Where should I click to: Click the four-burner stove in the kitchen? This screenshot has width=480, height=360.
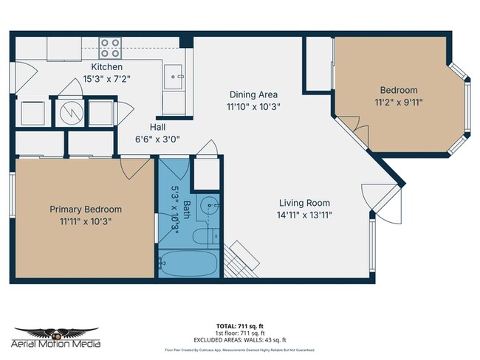(110, 49)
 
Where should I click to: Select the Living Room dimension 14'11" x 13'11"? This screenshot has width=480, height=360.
(304, 215)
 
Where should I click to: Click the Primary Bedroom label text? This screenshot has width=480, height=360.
(86, 209)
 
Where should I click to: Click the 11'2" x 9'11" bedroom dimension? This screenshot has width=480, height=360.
(398, 103)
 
